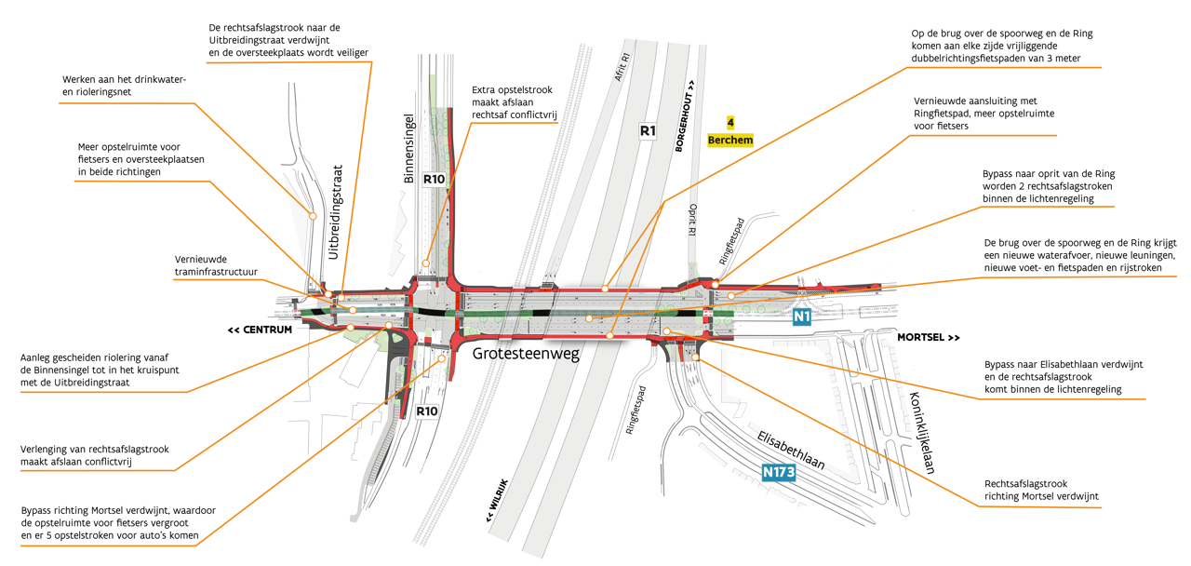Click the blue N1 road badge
point(802,317)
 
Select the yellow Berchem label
point(729,140)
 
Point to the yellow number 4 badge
point(730,122)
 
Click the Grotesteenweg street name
point(524,354)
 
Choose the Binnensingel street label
point(408,149)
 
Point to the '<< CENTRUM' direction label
point(260,330)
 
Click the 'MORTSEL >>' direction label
point(928,337)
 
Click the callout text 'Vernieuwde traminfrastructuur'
point(215,265)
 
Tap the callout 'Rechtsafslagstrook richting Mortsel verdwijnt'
point(1040,490)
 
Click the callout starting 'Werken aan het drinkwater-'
point(125,86)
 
